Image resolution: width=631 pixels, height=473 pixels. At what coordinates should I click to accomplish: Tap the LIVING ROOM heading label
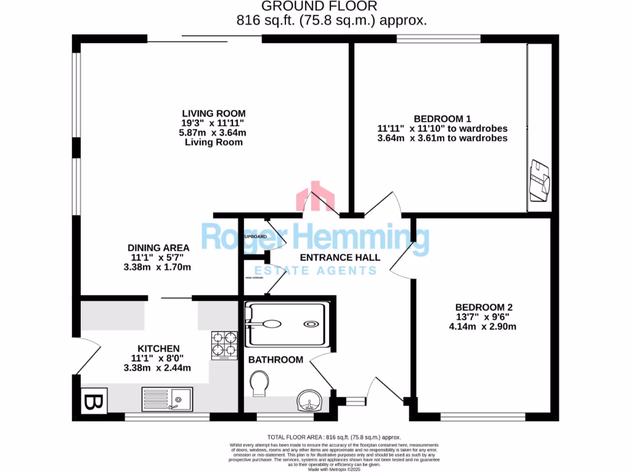[x=214, y=113]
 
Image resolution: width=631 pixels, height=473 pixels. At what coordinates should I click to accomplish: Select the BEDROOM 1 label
[x=442, y=118]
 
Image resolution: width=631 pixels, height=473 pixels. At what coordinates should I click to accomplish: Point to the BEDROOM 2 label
[x=484, y=307]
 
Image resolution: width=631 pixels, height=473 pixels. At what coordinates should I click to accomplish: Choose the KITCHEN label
[x=158, y=348]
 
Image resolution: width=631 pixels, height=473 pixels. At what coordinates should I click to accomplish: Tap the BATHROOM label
[x=275, y=360]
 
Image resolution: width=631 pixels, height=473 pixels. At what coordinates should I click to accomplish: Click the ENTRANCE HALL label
[x=340, y=257]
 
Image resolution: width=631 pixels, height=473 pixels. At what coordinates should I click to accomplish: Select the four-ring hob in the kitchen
[x=225, y=346]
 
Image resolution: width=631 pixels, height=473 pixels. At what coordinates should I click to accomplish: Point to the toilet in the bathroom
[x=260, y=384]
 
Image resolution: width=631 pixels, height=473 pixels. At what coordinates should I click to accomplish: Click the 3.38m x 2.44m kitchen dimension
[x=158, y=368]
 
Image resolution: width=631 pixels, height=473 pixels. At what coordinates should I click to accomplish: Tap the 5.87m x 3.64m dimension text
[x=214, y=132]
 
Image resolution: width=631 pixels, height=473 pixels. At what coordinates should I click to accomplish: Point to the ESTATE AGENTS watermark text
[x=315, y=271]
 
